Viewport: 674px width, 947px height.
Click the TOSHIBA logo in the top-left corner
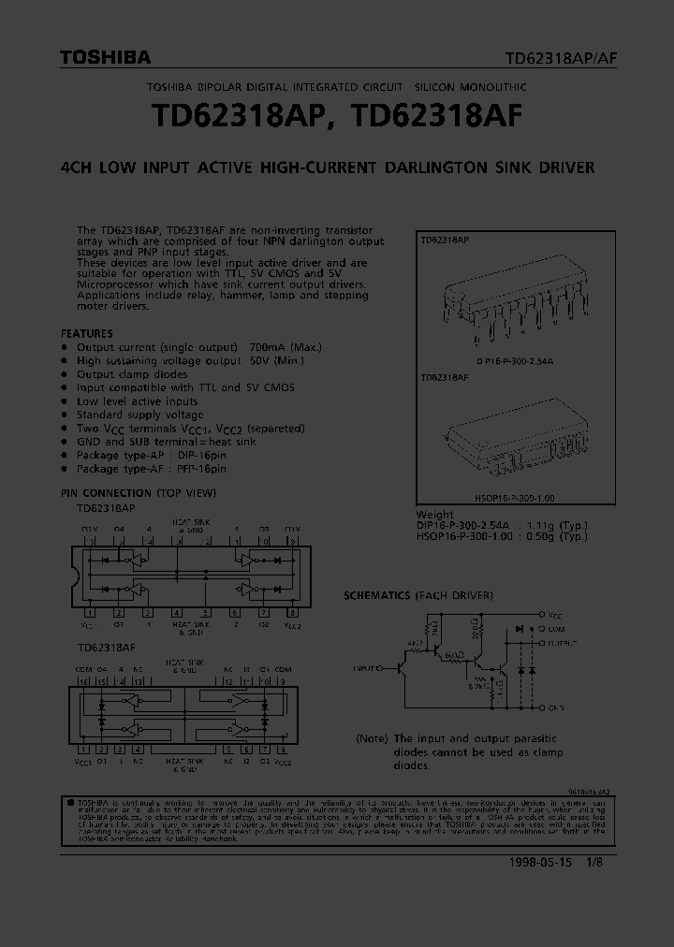[105, 58]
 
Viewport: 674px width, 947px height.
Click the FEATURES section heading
[86, 333]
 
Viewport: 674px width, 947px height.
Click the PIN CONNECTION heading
[106, 493]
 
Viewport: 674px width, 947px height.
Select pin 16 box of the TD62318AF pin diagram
[84, 682]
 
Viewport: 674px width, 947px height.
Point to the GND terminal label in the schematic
[557, 707]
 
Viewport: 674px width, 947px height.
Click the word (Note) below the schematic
[372, 739]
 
